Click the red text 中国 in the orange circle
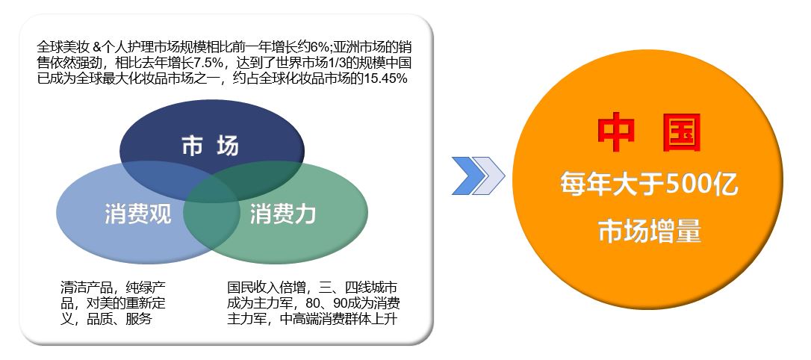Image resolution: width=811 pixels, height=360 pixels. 649,133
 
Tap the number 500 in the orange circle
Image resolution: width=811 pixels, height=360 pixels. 689,185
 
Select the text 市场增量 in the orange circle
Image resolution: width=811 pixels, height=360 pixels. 650,231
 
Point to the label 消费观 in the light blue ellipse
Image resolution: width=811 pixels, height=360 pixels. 137,214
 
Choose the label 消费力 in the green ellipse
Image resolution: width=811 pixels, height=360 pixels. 283,214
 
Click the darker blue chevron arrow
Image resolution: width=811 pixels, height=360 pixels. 469,176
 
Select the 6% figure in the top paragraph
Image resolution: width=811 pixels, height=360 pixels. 320,46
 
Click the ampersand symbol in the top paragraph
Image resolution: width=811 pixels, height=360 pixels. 97,47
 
